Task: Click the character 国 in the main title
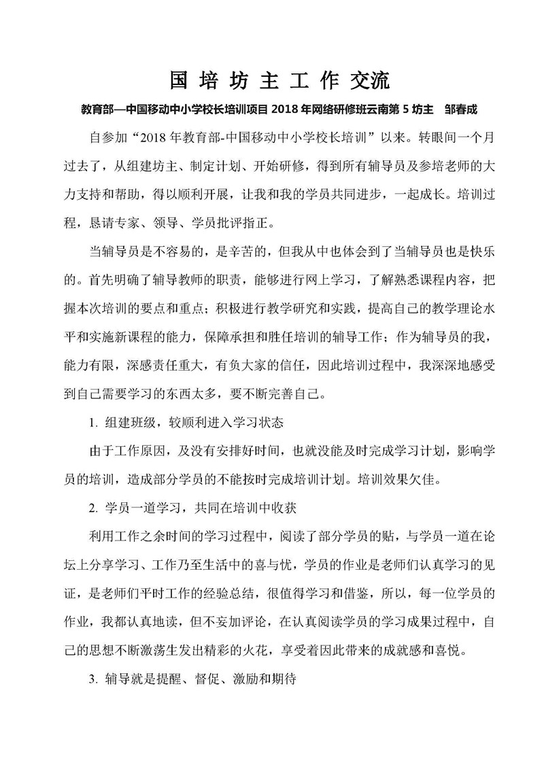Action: pyautogui.click(x=179, y=80)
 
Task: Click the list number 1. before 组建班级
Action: pyautogui.click(x=94, y=422)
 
